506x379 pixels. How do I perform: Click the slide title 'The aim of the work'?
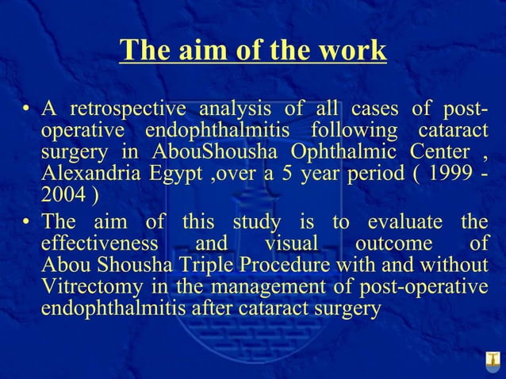pyautogui.click(x=253, y=50)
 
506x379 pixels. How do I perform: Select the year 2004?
pyautogui.click(x=62, y=196)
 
